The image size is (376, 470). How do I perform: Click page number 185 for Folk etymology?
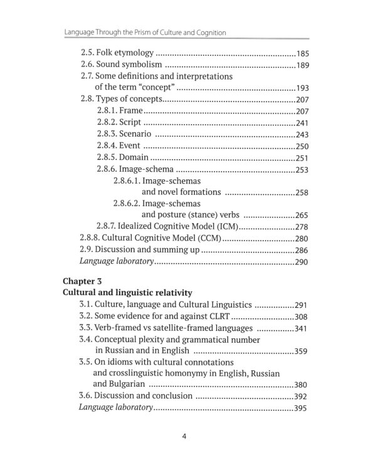[302, 53]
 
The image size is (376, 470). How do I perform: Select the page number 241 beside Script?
[302, 123]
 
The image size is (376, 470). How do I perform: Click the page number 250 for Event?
[302, 146]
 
